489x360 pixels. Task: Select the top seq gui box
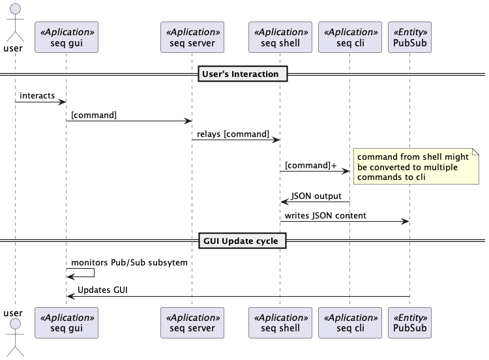(x=66, y=37)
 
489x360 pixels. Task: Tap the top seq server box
(x=192, y=37)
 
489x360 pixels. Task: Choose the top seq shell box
(x=280, y=37)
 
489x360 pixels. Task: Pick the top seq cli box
(x=349, y=37)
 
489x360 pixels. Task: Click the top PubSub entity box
(x=410, y=37)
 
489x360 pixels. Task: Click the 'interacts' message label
(x=37, y=96)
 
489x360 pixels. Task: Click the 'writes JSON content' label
(x=325, y=215)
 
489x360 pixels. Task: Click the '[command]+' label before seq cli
(x=311, y=166)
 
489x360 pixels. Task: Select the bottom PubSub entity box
(x=410, y=323)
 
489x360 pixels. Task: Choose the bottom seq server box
(x=192, y=323)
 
